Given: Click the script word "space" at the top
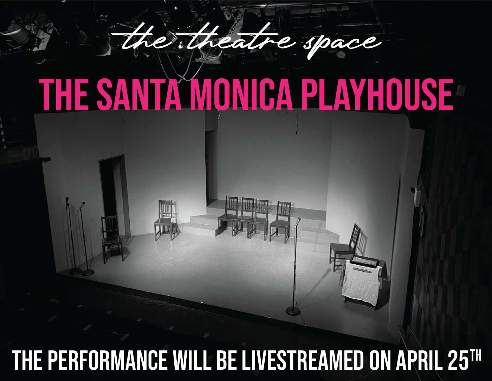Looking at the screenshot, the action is click(342, 44).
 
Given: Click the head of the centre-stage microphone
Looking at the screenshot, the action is click(298, 221).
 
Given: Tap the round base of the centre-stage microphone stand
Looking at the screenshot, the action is click(293, 310).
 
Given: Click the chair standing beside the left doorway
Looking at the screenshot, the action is click(112, 239).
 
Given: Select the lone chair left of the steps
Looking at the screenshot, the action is click(164, 220).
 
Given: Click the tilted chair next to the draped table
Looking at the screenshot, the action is click(348, 247).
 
